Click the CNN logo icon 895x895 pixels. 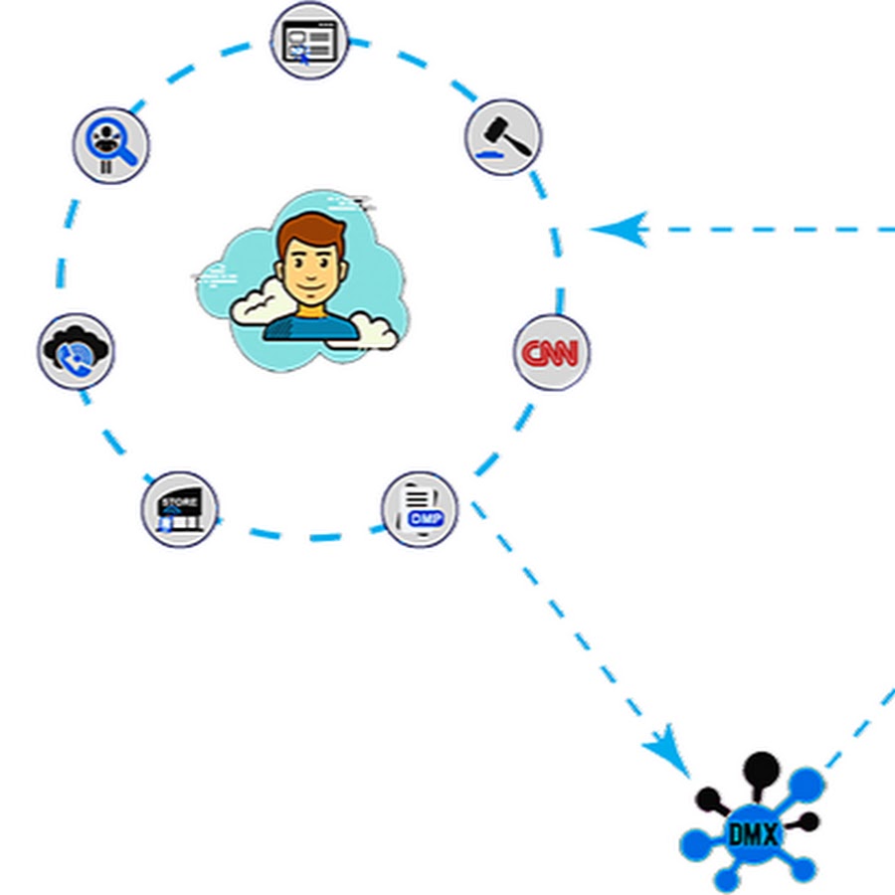click(551, 352)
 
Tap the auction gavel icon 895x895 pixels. click(503, 137)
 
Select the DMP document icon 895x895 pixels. click(420, 509)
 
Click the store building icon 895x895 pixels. click(179, 509)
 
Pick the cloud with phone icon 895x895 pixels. click(76, 351)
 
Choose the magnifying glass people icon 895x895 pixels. click(110, 145)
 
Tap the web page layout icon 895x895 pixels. click(308, 41)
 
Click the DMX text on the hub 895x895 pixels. click(752, 833)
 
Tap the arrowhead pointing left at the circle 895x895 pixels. click(619, 230)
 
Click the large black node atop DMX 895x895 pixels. click(761, 767)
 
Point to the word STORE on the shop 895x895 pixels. click(179, 500)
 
